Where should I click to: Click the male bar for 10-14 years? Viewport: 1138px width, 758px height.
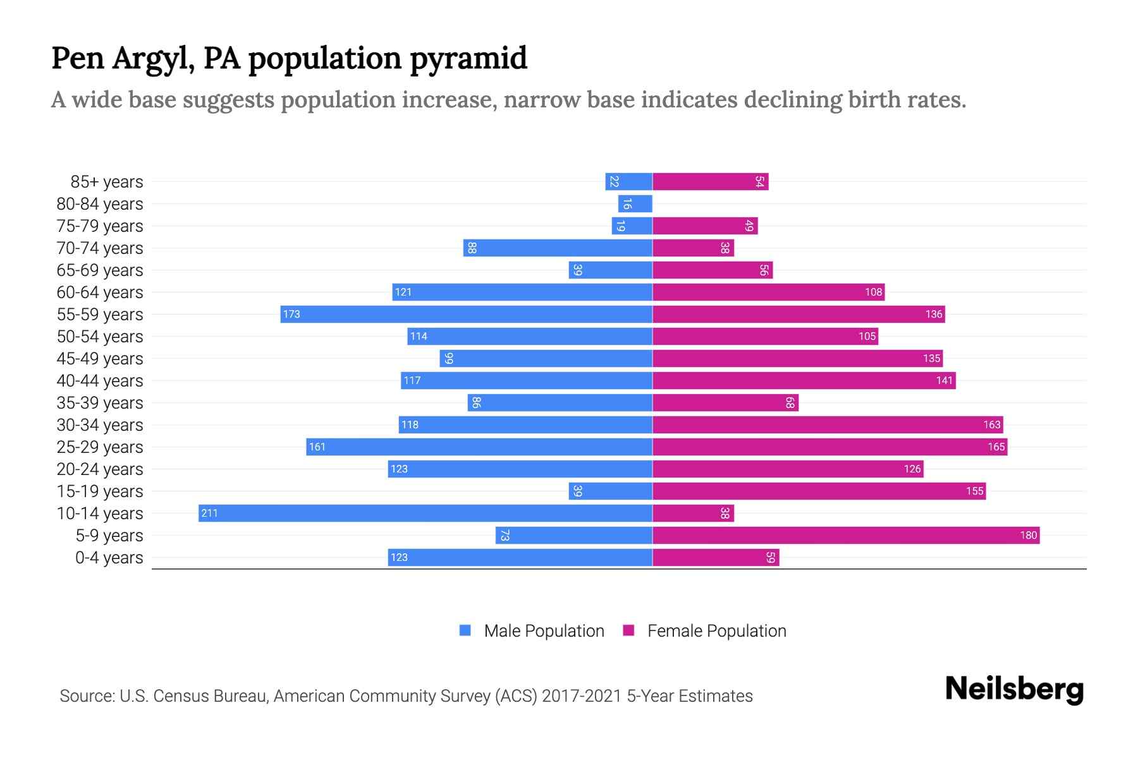425,513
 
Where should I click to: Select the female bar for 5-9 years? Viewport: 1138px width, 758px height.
846,535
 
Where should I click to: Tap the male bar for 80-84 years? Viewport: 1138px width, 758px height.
635,203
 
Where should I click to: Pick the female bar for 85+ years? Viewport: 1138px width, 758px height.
710,181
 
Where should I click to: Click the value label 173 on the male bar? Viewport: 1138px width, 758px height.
291,314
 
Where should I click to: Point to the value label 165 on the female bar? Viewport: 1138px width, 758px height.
996,447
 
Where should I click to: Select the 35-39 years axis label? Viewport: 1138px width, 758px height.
100,402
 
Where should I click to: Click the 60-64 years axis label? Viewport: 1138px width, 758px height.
100,292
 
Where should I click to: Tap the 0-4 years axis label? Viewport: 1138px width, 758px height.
109,557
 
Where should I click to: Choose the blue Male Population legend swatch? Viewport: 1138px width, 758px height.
465,630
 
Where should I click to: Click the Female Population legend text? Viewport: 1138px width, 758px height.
716,630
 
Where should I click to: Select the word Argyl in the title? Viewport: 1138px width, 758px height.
153,58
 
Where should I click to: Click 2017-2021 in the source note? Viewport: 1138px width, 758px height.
582,695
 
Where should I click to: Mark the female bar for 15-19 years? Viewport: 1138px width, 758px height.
819,491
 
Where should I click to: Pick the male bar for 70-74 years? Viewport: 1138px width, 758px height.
558,248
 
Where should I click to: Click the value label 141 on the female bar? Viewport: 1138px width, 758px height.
944,380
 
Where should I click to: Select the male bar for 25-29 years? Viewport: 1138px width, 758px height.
479,447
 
